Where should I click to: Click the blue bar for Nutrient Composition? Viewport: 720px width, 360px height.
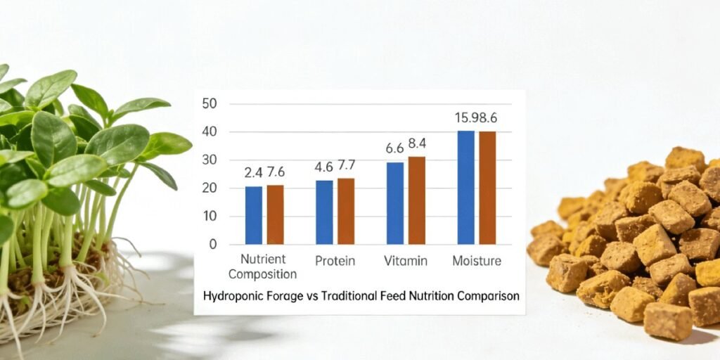pyautogui.click(x=254, y=215)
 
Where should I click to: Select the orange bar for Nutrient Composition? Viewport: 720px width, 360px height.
pyautogui.click(x=275, y=214)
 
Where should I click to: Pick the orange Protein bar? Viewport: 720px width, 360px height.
pyautogui.click(x=346, y=211)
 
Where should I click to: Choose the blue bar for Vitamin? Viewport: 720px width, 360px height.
pyautogui.click(x=395, y=203)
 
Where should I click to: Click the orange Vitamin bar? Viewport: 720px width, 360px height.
pyautogui.click(x=417, y=200)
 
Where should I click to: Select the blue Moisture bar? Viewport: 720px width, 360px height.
pyautogui.click(x=466, y=187)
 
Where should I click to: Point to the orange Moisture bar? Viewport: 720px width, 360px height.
pyautogui.click(x=487, y=188)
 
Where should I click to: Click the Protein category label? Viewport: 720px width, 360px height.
pyautogui.click(x=335, y=261)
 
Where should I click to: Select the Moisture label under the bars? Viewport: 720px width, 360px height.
pyautogui.click(x=477, y=261)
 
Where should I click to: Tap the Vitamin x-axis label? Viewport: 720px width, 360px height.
pyautogui.click(x=406, y=261)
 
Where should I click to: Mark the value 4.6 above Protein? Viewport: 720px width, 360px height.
pyautogui.click(x=323, y=167)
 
